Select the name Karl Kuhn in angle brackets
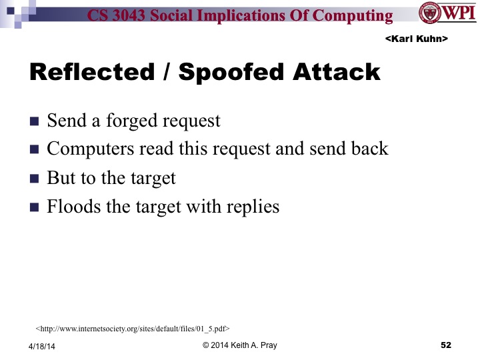point(416,40)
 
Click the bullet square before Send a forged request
point(35,122)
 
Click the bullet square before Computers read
point(35,150)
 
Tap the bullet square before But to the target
point(35,179)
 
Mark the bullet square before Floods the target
point(35,207)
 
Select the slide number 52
point(446,345)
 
